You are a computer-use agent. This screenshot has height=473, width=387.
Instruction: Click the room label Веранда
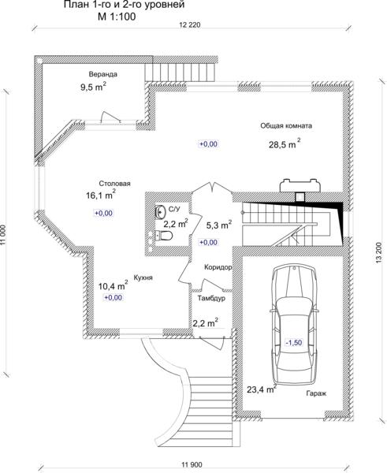(x=102, y=74)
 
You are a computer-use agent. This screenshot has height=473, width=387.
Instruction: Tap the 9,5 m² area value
(x=93, y=87)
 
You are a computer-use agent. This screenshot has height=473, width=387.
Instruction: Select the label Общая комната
(x=286, y=126)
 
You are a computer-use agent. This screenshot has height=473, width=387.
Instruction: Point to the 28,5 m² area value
(x=285, y=144)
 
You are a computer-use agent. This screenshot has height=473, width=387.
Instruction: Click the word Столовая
(x=114, y=184)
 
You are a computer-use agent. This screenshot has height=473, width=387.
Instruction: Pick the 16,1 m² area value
(x=101, y=195)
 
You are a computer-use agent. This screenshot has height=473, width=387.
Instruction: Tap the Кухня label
(x=143, y=277)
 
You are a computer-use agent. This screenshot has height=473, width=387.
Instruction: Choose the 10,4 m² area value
(x=113, y=285)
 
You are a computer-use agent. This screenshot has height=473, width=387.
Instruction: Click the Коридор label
(x=218, y=267)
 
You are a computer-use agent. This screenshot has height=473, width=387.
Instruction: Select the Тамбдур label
(x=211, y=298)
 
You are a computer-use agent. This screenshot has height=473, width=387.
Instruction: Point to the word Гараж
(x=316, y=393)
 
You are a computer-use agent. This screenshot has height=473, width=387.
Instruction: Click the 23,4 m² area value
(x=262, y=389)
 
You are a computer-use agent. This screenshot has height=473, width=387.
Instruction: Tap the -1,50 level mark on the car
(x=294, y=342)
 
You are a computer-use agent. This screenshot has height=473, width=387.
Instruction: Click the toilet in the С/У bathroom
(x=163, y=235)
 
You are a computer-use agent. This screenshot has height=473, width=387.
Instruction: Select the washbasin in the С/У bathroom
(x=160, y=210)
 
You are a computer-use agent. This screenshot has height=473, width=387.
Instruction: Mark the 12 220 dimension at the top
(x=190, y=25)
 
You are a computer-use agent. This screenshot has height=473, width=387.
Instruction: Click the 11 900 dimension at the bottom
(x=192, y=464)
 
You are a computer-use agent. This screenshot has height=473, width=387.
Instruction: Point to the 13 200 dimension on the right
(x=379, y=254)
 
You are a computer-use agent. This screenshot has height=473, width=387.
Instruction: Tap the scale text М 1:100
(x=117, y=17)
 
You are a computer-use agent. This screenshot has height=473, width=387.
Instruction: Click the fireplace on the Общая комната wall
(x=300, y=185)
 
